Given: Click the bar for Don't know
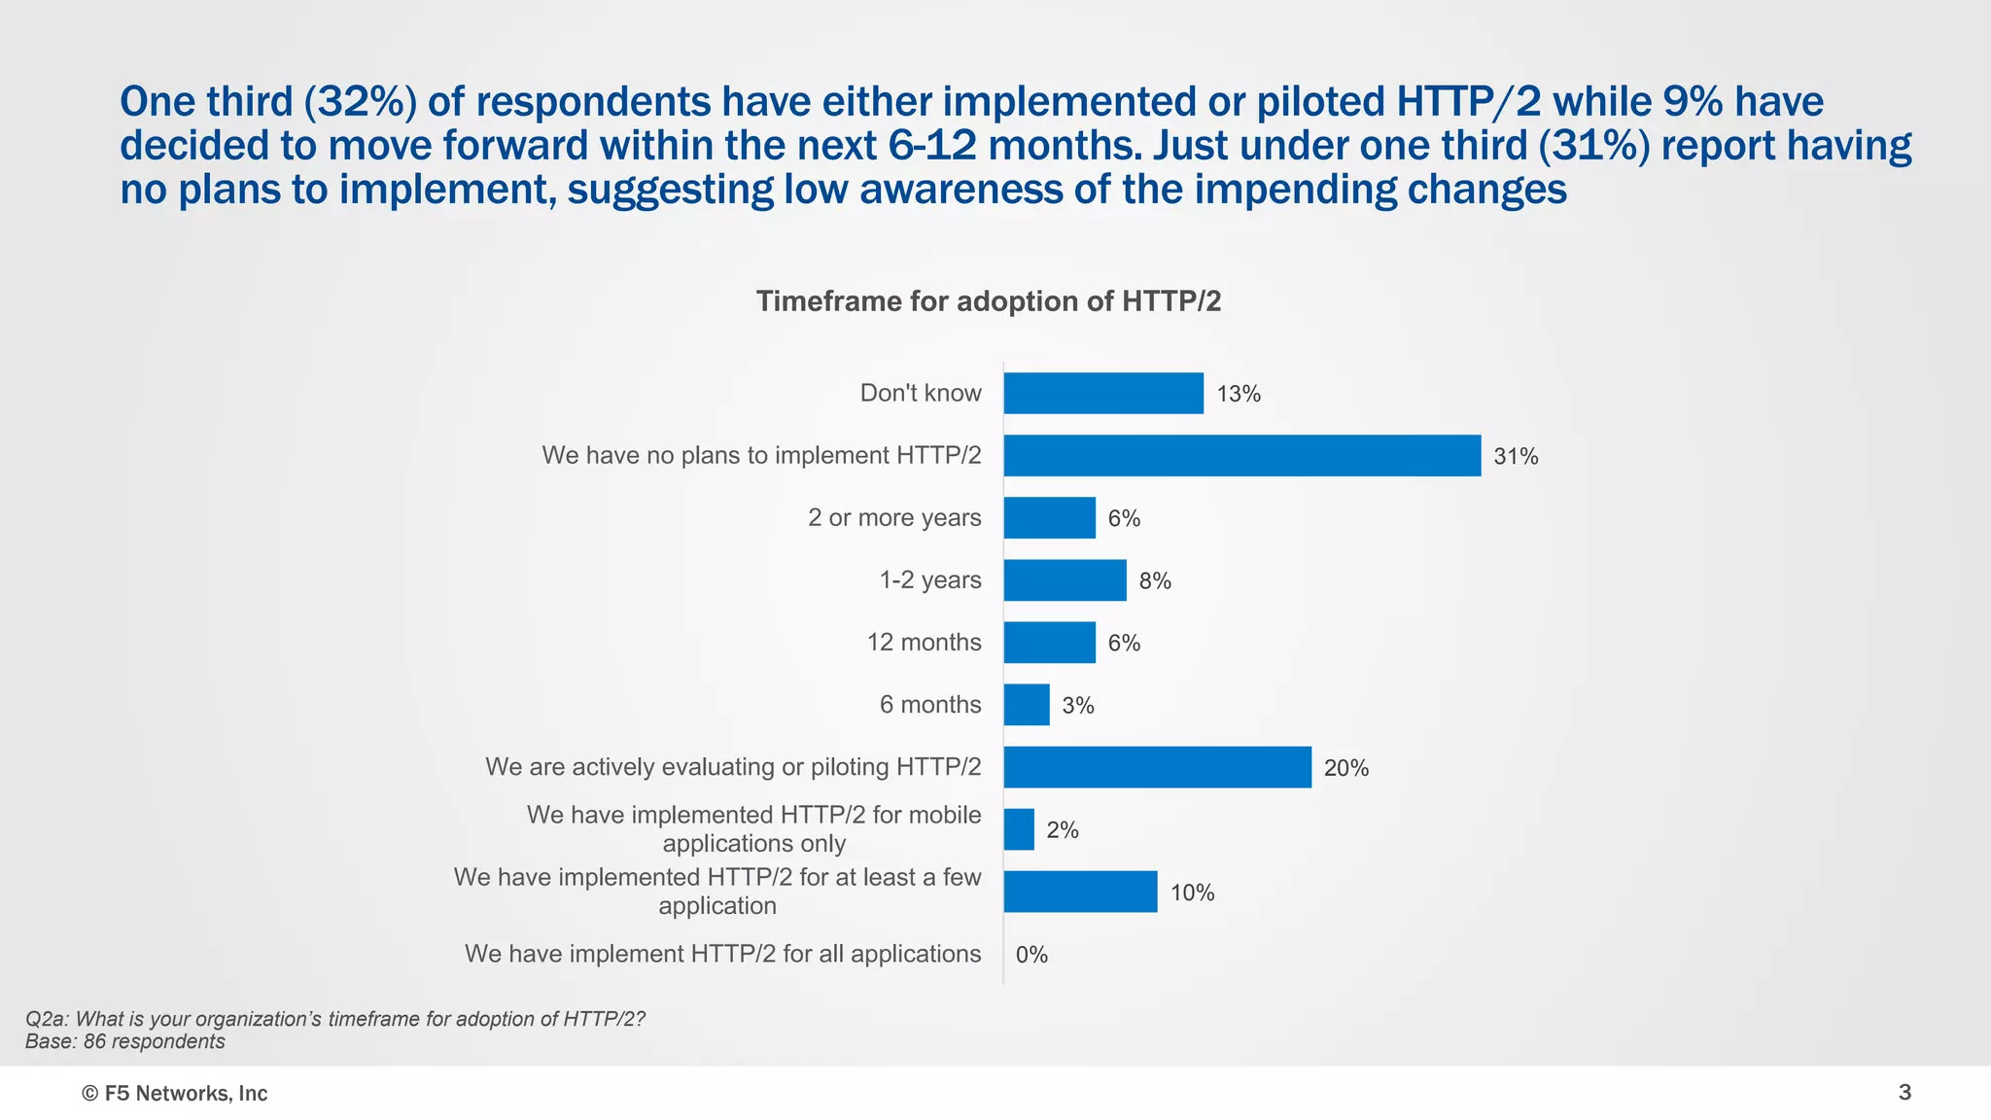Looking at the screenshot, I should click(1103, 394).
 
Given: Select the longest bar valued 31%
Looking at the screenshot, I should click(1241, 456).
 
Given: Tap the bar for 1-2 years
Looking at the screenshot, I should click(1065, 580).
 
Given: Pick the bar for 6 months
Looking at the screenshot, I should click(1027, 705).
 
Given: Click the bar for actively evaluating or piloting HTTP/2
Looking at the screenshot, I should click(1157, 767).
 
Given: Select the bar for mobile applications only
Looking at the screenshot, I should click(1019, 829).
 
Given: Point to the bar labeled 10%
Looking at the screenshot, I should click(1080, 892).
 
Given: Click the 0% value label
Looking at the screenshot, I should click(1031, 955).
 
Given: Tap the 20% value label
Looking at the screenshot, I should click(1345, 768).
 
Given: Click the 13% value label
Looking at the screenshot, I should click(1239, 394).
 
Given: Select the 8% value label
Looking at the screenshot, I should click(1155, 580).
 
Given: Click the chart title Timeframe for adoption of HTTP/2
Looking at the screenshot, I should click(989, 301).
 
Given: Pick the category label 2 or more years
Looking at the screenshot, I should click(894, 517).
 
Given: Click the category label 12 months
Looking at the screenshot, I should click(924, 642).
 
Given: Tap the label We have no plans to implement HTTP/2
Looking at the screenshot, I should click(761, 455).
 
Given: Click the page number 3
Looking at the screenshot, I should click(1904, 1093).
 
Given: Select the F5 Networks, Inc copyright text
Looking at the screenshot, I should click(175, 1094).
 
